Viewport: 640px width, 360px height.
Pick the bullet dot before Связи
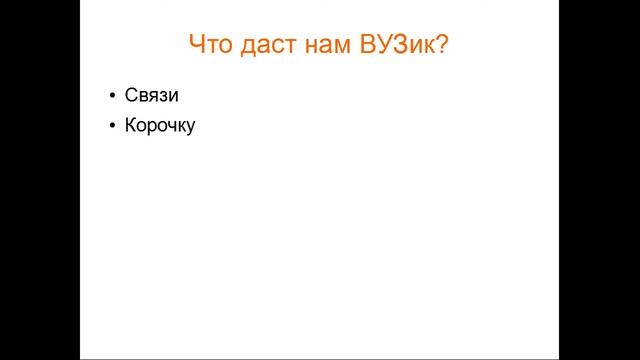[x=112, y=96]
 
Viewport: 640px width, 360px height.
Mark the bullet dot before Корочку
[x=112, y=127]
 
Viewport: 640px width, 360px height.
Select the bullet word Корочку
[x=160, y=127]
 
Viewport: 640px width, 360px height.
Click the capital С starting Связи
[x=131, y=96]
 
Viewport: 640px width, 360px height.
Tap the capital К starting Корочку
[x=131, y=127]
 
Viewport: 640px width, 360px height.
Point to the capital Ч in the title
[x=197, y=45]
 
